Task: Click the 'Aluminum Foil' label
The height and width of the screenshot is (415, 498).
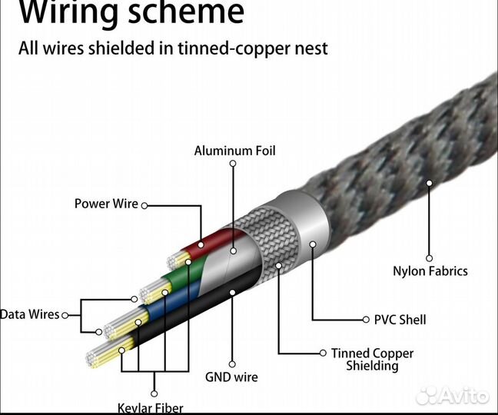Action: [234, 151]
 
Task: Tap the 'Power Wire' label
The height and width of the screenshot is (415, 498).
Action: [106, 204]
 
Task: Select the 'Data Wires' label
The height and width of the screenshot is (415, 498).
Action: [29, 314]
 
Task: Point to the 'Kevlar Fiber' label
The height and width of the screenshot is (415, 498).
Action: [150, 407]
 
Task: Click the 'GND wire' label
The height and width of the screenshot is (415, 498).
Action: [231, 377]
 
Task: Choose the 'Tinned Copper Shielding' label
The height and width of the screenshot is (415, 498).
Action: [372, 359]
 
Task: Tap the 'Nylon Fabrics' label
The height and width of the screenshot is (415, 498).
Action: [430, 271]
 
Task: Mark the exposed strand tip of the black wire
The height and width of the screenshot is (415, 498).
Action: [98, 364]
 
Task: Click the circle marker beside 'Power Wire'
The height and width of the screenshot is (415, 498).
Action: [144, 205]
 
